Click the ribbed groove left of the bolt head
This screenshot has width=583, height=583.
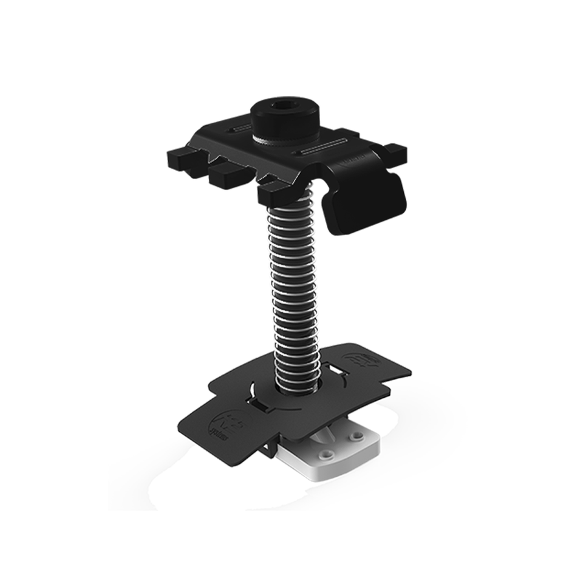point(242,129)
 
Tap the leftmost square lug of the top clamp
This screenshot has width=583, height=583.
point(182,160)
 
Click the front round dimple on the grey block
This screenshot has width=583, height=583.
point(328,453)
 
